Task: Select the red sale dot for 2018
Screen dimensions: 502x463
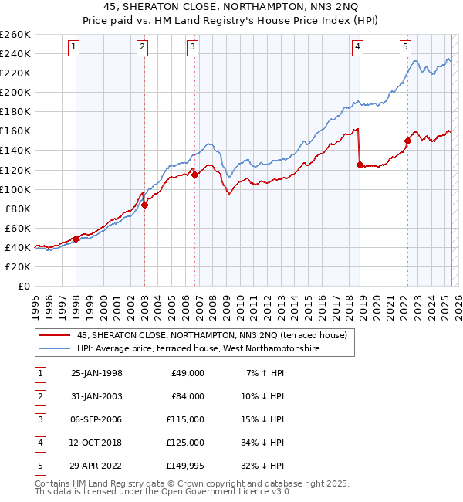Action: (x=360, y=165)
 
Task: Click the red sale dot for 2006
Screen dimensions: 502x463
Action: (x=195, y=175)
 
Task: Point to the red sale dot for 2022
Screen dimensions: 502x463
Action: (x=407, y=141)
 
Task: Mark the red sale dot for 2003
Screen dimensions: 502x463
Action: (x=145, y=205)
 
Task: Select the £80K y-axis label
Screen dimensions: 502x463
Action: (x=16, y=209)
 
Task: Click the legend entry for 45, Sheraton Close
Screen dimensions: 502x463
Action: (x=211, y=335)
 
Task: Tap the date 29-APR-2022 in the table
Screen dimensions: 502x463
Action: (x=96, y=466)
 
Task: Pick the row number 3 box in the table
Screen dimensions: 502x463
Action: (x=38, y=419)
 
